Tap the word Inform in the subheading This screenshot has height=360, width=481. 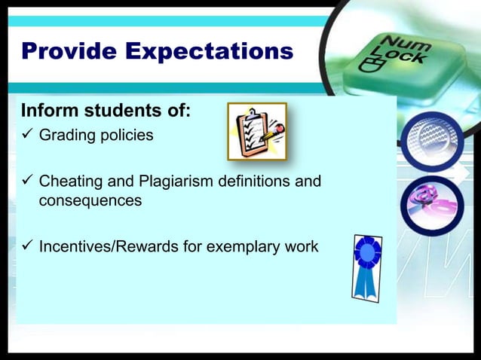click(47, 111)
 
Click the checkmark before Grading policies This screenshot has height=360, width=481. click(27, 136)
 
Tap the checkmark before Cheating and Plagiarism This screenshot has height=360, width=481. click(27, 182)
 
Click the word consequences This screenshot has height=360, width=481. click(90, 201)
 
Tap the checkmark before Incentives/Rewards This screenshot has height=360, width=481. click(27, 246)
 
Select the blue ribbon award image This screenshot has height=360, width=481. click(367, 266)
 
